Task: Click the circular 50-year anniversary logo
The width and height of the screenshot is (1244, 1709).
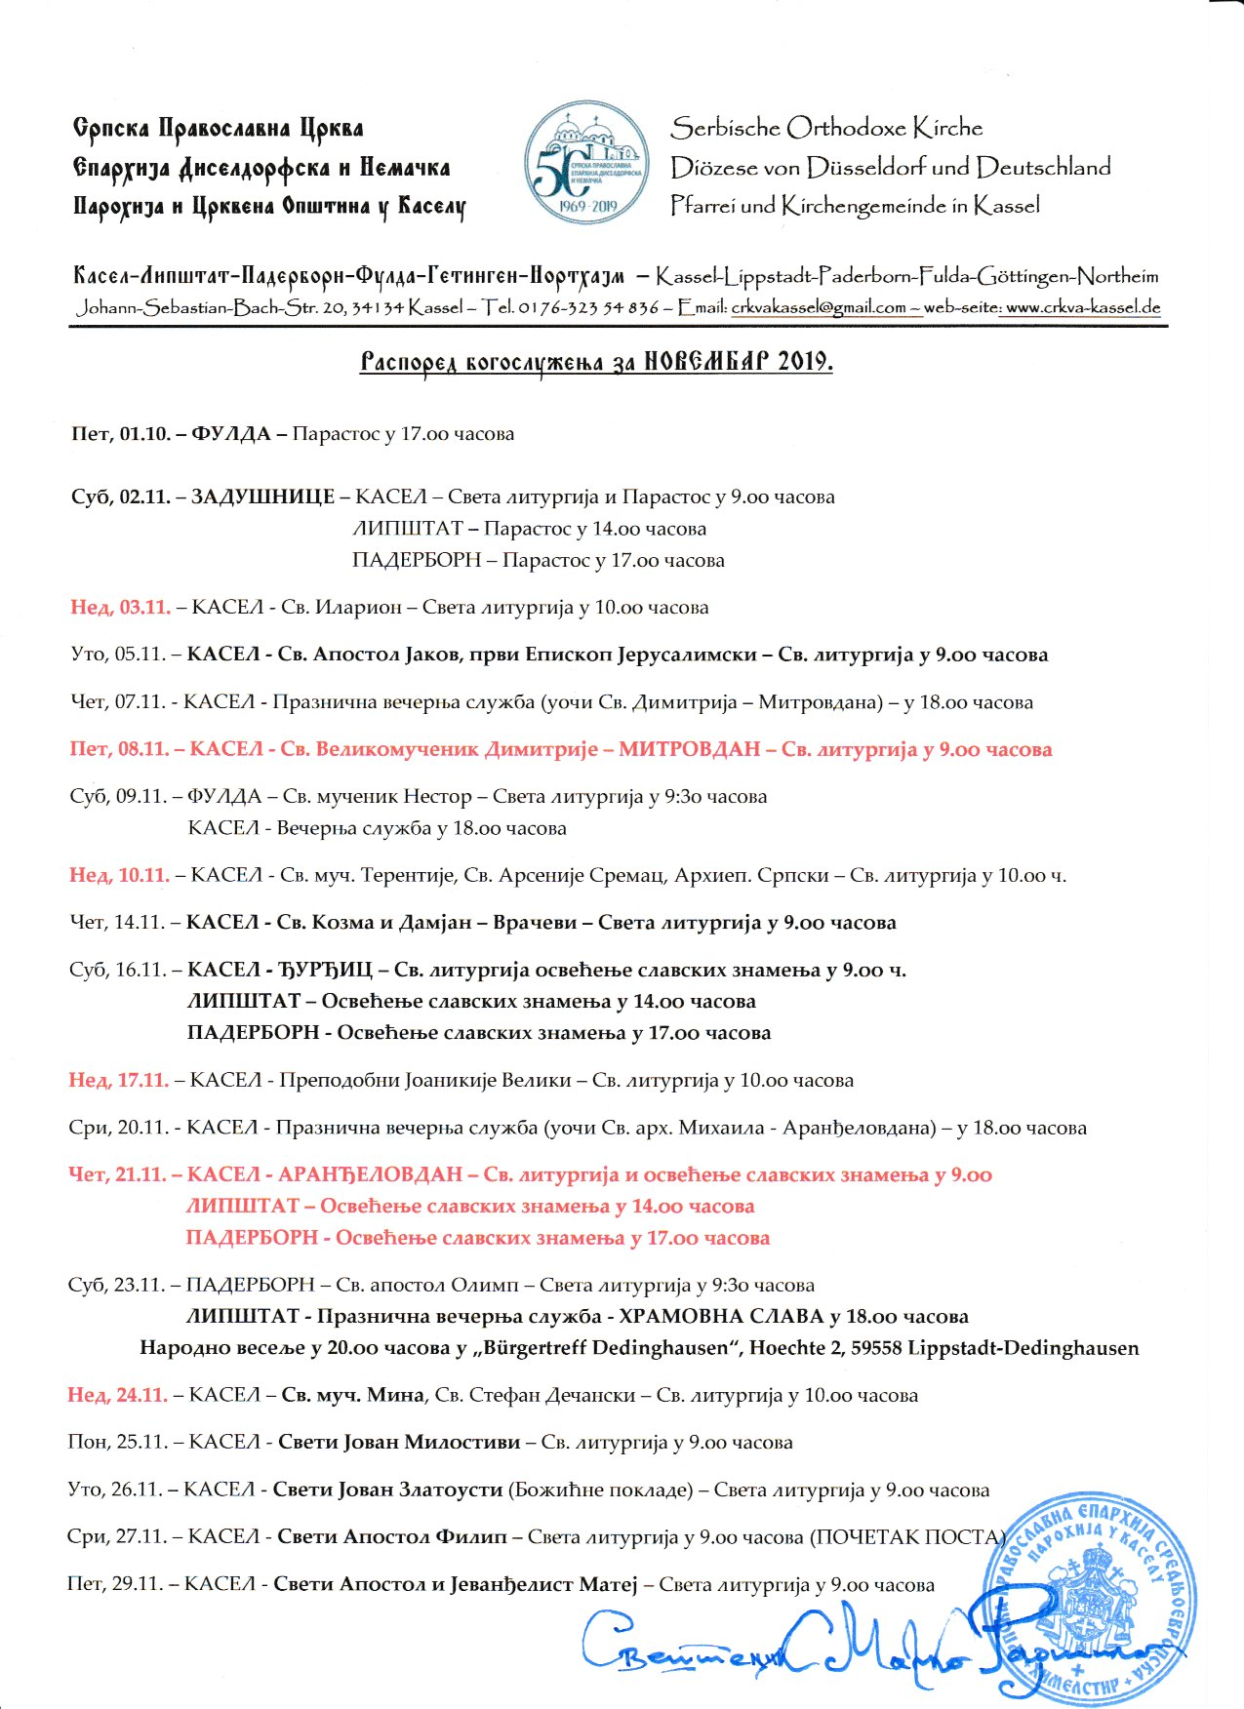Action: coord(587,164)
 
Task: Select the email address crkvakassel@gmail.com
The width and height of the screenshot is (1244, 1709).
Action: coord(819,307)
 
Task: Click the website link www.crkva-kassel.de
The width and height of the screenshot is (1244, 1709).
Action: coord(1083,307)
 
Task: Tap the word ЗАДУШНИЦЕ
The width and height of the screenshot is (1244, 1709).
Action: coord(261,497)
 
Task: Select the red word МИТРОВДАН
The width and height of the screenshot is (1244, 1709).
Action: coord(689,749)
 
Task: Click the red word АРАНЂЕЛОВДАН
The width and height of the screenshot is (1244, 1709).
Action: coord(370,1174)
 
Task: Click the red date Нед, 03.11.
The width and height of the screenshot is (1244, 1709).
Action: coord(120,607)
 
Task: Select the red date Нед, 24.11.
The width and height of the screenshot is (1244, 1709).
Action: coord(117,1395)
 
